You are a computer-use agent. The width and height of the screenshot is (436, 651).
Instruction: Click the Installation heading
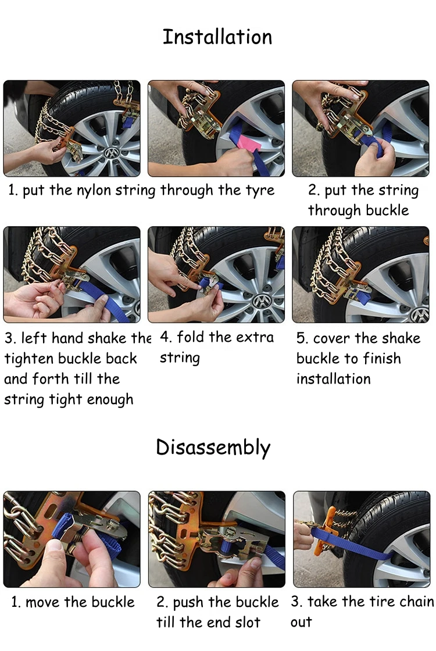pos(217,37)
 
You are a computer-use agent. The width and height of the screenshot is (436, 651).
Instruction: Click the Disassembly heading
pos(213,448)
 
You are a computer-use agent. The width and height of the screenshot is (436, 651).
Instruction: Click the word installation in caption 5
pos(333,379)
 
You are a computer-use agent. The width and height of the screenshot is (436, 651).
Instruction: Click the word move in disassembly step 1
pos(44,602)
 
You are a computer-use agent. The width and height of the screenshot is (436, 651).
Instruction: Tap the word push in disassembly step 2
pos(188,602)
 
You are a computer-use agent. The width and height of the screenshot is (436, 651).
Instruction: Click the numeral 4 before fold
pos(165,338)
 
